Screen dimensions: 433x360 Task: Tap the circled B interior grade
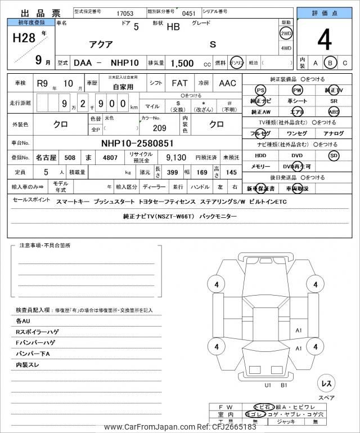(x=331, y=63)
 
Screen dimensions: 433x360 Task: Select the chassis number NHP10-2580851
(x=137, y=143)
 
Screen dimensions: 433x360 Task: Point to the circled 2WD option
(x=286, y=33)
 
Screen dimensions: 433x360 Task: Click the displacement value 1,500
(x=182, y=63)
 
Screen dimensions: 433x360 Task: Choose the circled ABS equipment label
(x=334, y=112)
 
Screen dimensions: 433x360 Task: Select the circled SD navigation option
(x=334, y=155)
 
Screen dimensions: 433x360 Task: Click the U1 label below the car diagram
(x=268, y=386)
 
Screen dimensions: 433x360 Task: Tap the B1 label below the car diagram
(x=284, y=386)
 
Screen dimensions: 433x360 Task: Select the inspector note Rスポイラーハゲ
(x=37, y=332)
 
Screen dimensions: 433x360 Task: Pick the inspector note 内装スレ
(x=27, y=365)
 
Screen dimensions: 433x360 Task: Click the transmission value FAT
(x=179, y=83)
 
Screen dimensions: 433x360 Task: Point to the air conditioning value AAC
(x=227, y=83)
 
